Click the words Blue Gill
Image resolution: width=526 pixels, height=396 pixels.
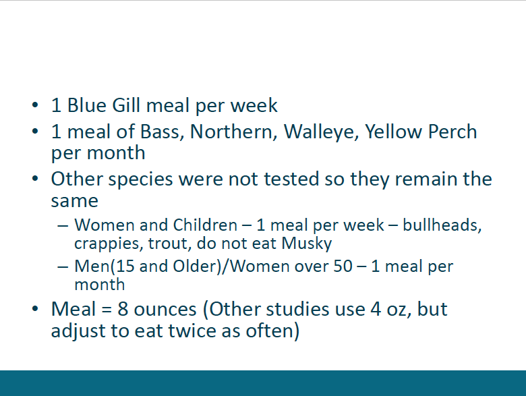[104, 105]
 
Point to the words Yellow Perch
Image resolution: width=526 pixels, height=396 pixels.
[421, 132]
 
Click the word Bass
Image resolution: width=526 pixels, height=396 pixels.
[162, 132]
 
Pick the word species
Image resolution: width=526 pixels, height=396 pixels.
[140, 179]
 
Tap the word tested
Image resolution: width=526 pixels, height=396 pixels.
[291, 179]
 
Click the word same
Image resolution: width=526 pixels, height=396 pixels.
[74, 201]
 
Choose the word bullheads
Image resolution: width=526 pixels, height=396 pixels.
[442, 225]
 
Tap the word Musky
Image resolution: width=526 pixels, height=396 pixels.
[307, 244]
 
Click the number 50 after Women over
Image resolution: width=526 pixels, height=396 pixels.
[343, 266]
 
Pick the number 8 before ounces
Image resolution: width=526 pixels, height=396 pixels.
[123, 309]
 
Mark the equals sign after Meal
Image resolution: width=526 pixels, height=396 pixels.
[107, 310]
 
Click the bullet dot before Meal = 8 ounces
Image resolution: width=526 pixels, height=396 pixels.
[35, 308]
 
